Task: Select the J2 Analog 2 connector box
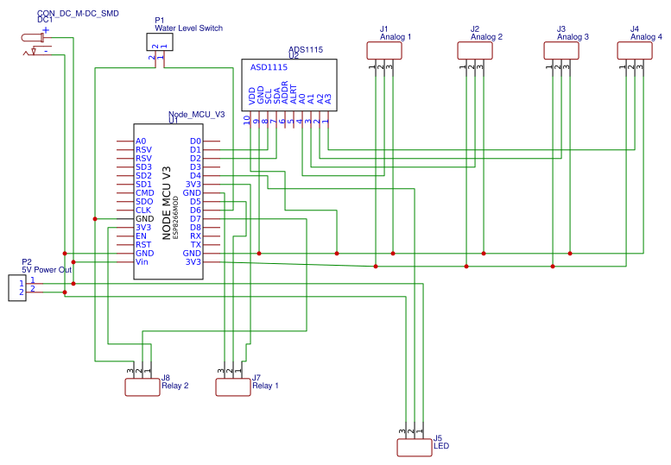coord(475,51)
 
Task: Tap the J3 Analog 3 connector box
coord(561,51)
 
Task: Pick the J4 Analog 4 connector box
coord(635,51)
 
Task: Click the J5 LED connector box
coord(414,447)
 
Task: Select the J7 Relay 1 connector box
coord(232,387)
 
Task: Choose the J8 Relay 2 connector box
coord(142,387)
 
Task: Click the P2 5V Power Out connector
coord(16,287)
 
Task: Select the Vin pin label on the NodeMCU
coord(142,261)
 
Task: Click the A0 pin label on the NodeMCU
coord(141,141)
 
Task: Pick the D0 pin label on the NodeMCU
coord(195,141)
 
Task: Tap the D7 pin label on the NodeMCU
coord(195,218)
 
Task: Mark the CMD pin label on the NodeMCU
coord(144,192)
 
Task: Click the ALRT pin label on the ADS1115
coord(293,96)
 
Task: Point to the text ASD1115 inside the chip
coord(269,66)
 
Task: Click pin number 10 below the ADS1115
coord(247,121)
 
